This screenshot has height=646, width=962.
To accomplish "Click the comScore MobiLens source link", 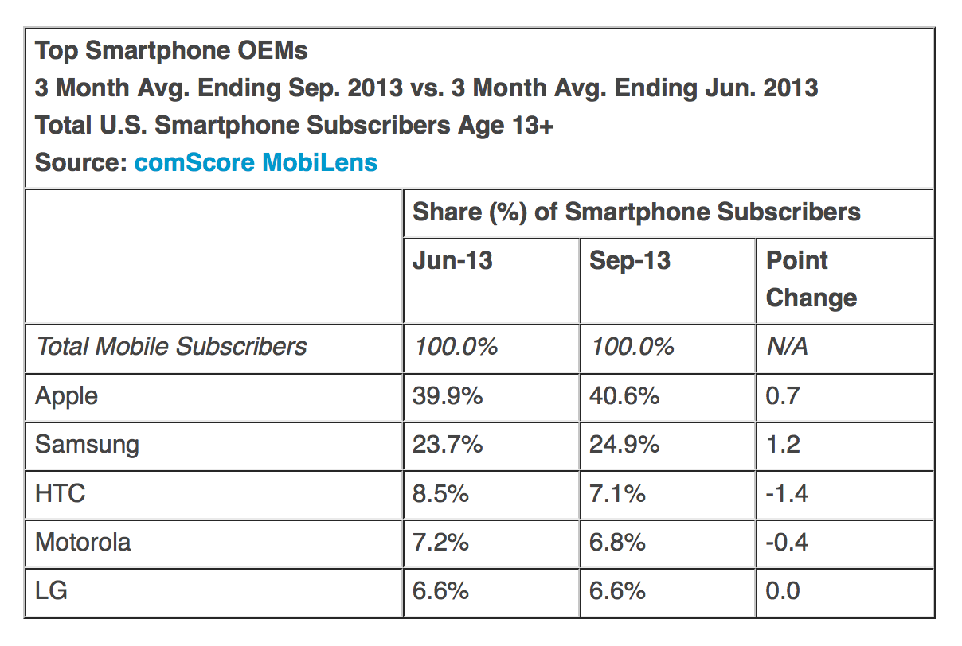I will [x=256, y=162].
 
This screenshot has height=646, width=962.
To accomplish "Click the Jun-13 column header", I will [x=452, y=260].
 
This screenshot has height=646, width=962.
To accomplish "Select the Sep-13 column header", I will [x=630, y=260].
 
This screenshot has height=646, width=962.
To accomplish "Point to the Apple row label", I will [x=67, y=395].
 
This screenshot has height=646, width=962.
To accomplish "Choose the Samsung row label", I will [x=87, y=444].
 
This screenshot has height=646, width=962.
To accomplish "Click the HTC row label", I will [x=60, y=493].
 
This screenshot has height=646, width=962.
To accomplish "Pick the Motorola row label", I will [x=83, y=543].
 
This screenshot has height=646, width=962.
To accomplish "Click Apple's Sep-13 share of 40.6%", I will [x=624, y=395].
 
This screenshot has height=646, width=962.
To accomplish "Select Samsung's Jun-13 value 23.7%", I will [x=448, y=444].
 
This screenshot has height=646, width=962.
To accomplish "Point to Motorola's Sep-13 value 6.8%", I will [x=617, y=543].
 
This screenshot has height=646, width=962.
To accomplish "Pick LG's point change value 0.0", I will [x=782, y=590].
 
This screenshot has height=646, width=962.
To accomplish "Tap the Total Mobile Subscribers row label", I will [x=171, y=347].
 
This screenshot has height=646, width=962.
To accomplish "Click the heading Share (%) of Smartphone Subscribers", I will [x=636, y=212].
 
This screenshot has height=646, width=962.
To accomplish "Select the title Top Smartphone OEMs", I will [x=171, y=51].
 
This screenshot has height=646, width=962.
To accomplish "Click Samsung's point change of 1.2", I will [x=782, y=444].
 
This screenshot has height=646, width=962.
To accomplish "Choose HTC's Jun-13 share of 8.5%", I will [x=440, y=493].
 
